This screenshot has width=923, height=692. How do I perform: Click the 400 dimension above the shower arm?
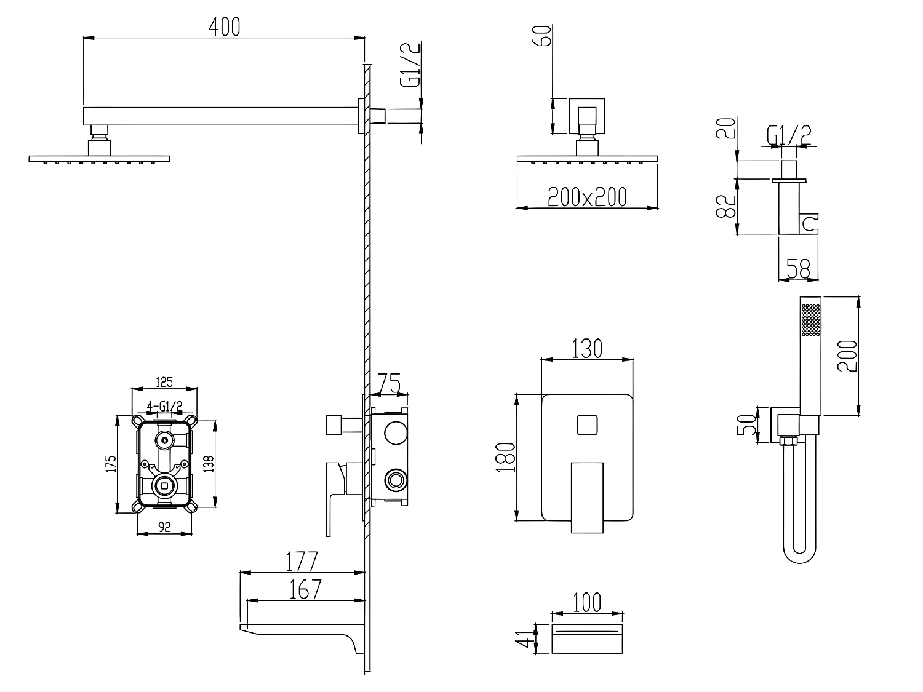(x=224, y=27)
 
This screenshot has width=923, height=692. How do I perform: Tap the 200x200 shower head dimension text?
(x=587, y=197)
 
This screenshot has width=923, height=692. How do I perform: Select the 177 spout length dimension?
(x=302, y=562)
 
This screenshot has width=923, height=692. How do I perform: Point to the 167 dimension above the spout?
(x=305, y=589)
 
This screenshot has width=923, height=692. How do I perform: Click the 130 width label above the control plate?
(x=587, y=348)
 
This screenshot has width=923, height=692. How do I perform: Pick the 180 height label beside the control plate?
(x=506, y=458)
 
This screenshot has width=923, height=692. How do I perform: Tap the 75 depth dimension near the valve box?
(x=389, y=383)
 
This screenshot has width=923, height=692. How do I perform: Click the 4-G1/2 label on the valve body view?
(x=164, y=407)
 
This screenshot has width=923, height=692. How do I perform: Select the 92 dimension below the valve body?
(x=164, y=527)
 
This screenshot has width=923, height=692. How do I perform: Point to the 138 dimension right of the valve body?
(x=209, y=464)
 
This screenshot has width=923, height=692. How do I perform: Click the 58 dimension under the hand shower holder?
(x=798, y=269)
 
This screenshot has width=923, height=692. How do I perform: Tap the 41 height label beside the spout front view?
(x=524, y=639)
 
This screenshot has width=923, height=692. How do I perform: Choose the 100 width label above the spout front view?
(x=587, y=603)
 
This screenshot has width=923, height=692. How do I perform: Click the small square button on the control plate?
(x=587, y=425)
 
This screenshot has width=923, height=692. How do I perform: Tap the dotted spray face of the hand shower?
(x=811, y=320)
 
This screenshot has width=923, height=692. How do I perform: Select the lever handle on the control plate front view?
(x=587, y=498)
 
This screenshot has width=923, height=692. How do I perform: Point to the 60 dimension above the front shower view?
(x=542, y=36)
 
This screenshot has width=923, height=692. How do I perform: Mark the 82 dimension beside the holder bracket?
(x=725, y=206)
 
